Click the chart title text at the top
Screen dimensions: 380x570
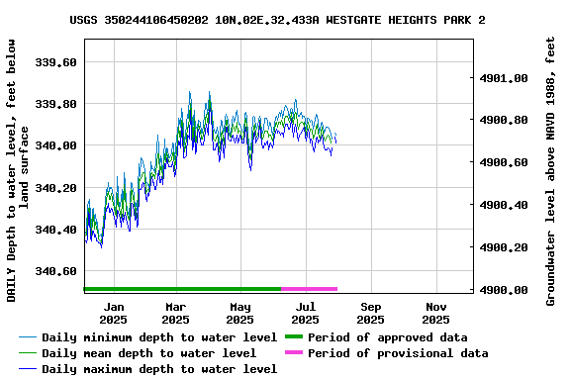click(x=277, y=20)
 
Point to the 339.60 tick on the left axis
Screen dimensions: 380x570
click(x=56, y=62)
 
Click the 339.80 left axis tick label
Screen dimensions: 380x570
click(x=56, y=104)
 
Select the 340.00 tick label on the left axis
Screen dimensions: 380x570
click(x=56, y=146)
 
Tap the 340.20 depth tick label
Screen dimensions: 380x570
click(x=56, y=188)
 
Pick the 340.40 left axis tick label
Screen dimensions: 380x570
click(x=56, y=230)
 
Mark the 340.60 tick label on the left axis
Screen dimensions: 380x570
click(x=56, y=271)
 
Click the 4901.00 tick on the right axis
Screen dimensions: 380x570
click(x=504, y=78)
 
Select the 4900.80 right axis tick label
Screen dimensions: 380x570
click(x=504, y=120)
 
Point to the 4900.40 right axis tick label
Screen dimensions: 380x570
click(x=504, y=205)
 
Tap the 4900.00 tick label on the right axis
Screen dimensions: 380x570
click(x=504, y=290)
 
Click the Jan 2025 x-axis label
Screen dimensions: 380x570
click(x=113, y=313)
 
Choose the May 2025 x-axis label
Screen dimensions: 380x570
click(x=239, y=313)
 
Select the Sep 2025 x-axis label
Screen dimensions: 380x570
click(x=370, y=313)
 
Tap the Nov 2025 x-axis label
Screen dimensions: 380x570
click(x=435, y=313)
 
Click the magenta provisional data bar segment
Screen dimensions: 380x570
click(x=309, y=289)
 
